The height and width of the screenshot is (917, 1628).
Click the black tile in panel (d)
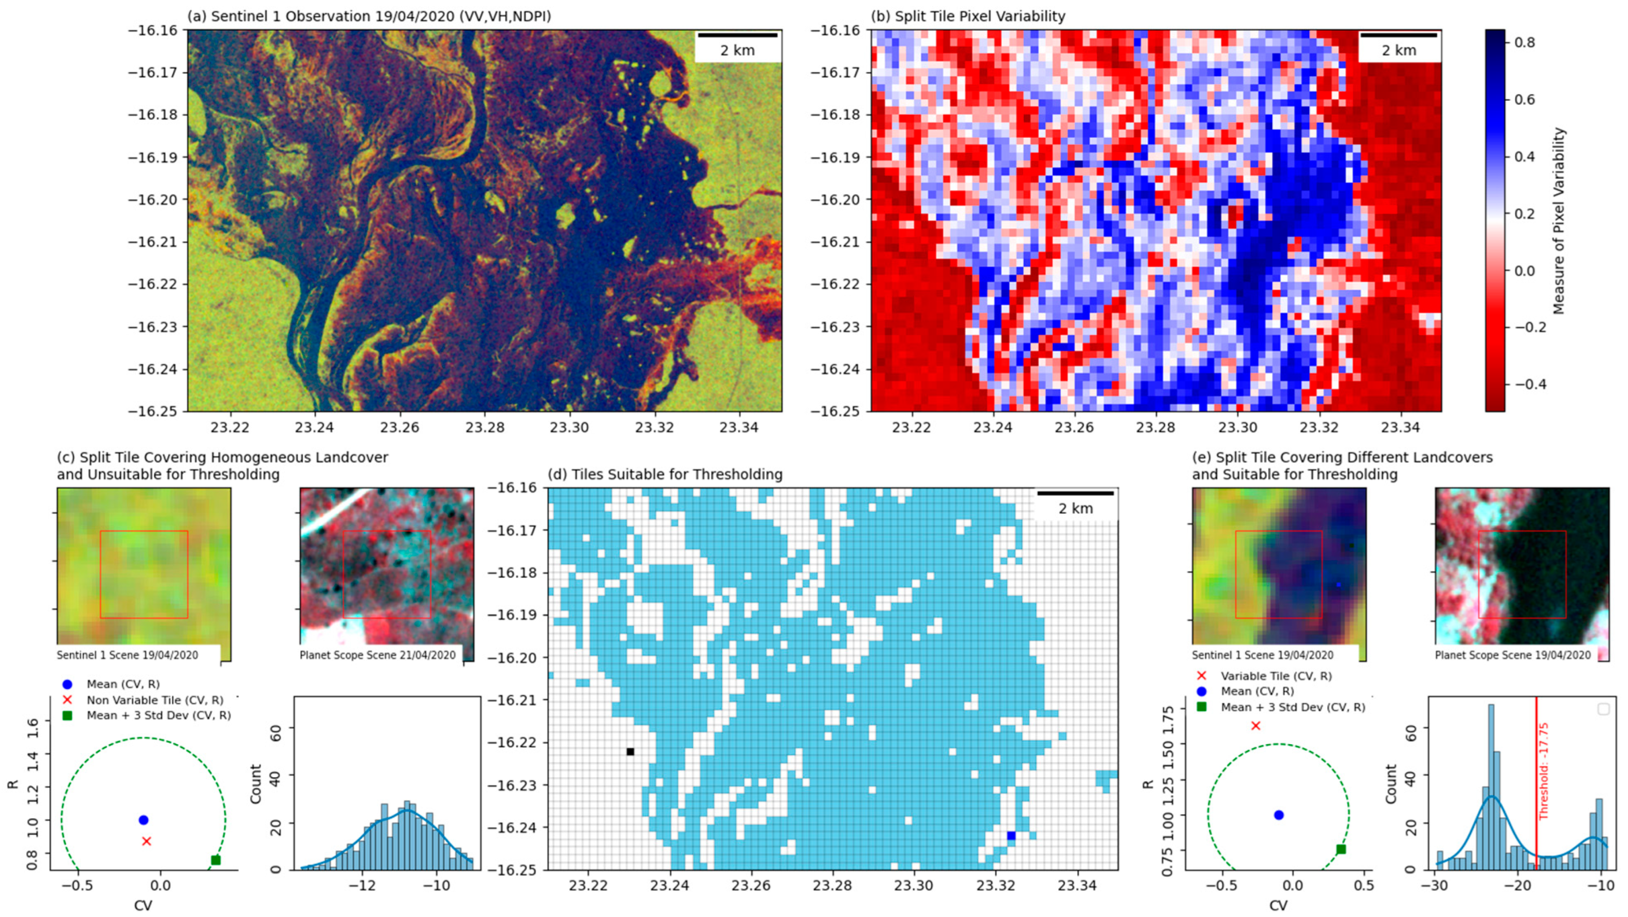[630, 751]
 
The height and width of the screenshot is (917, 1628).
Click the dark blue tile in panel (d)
[1011, 835]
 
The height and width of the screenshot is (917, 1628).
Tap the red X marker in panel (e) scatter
[1256, 726]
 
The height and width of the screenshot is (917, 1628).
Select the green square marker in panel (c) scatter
[215, 859]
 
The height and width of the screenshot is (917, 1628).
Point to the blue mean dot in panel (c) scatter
[143, 820]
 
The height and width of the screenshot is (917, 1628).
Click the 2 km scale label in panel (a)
[737, 50]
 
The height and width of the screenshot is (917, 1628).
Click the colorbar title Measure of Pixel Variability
[1559, 221]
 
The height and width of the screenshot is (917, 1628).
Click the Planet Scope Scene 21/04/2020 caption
[377, 655]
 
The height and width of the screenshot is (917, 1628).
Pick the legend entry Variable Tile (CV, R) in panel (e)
[1276, 676]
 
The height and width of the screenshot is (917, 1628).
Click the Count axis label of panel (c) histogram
[256, 784]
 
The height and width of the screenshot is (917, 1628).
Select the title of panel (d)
[665, 474]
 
